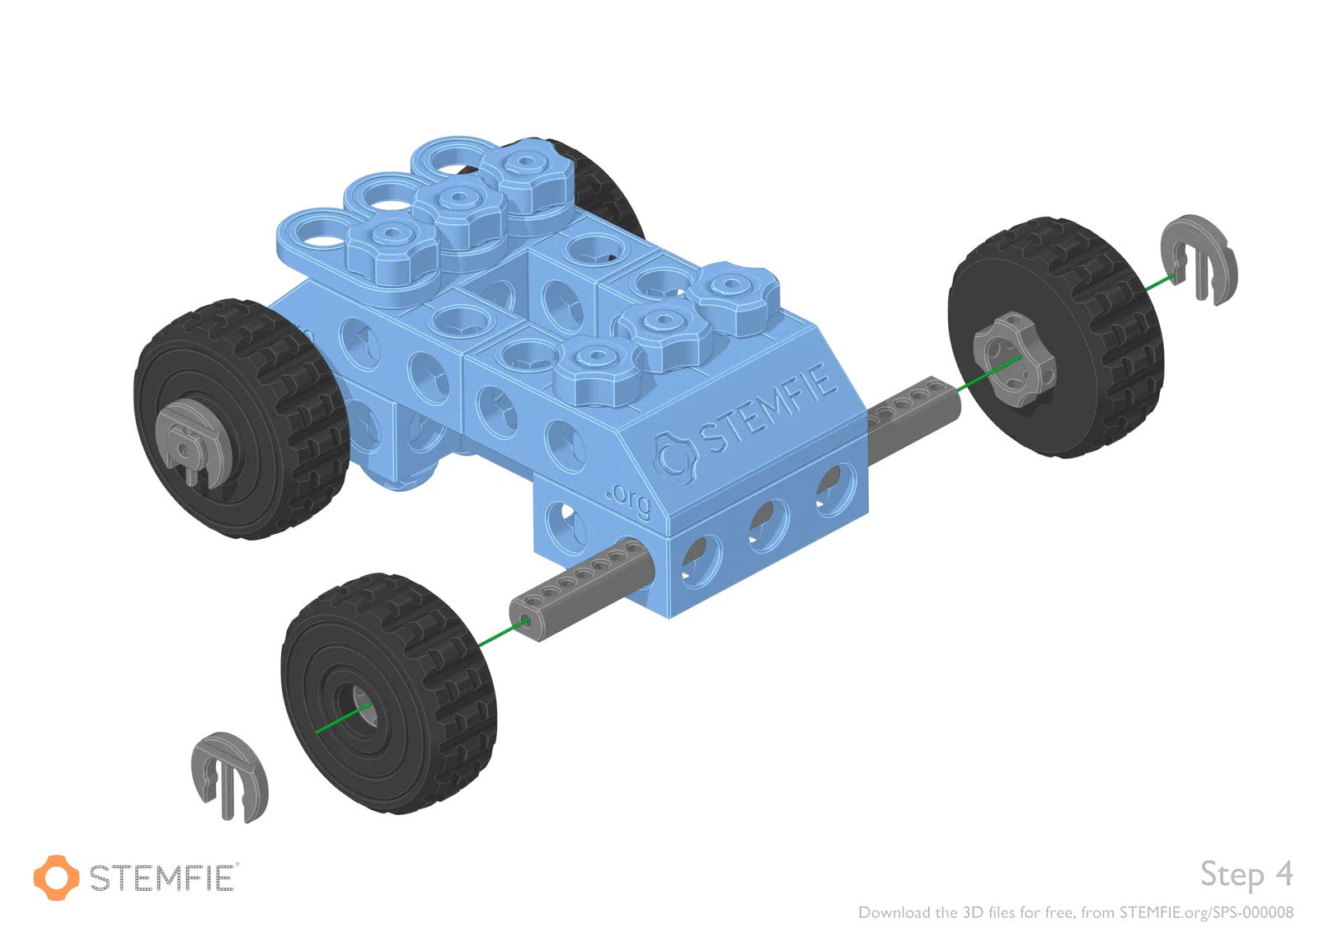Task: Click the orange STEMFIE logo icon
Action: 56,878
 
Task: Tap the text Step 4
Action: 1246,873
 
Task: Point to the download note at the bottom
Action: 1076,912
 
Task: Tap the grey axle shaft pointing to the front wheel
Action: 583,588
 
